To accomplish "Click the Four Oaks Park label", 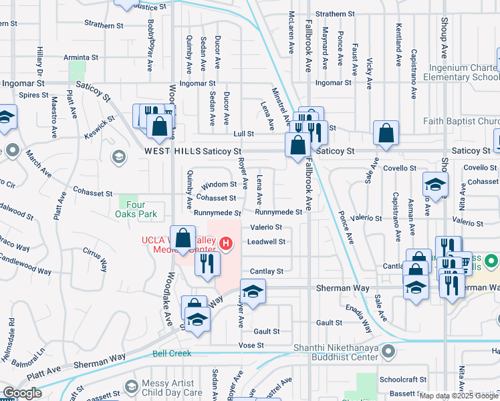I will pyautogui.click(x=132, y=210).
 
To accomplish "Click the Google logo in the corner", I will pyautogui.click(x=22, y=392).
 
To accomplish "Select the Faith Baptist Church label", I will pyautogui.click(x=461, y=122).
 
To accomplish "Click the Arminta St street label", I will pyautogui.click(x=81, y=57).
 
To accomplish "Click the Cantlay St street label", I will pyautogui.click(x=267, y=271).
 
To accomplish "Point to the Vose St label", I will pyautogui.click(x=251, y=346).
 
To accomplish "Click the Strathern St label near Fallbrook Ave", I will pyautogui.click(x=335, y=13).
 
